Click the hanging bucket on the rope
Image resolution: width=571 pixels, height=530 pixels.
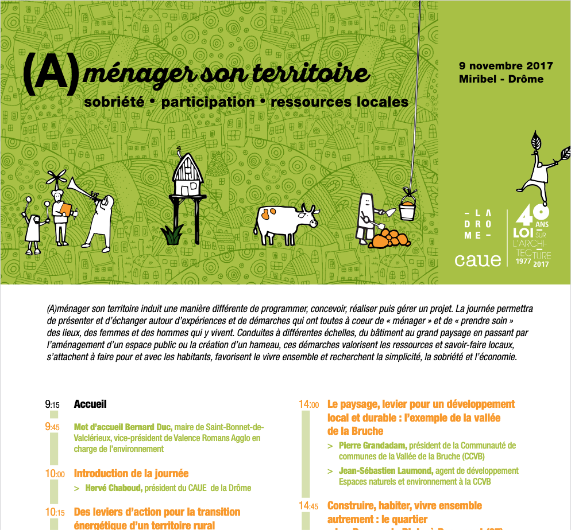coord(407,207)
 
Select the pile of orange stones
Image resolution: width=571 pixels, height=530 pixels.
coord(389,237)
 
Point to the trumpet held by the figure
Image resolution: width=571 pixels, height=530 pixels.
coord(83,189)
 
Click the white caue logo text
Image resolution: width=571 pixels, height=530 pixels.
coord(477,259)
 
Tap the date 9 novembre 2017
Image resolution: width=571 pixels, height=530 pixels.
coord(506,66)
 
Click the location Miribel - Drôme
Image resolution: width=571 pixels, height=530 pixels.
coord(501,79)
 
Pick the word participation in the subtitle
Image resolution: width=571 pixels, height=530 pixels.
coord(208,103)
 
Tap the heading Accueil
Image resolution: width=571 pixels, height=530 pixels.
coord(90,404)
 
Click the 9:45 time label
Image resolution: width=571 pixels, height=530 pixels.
coord(52,427)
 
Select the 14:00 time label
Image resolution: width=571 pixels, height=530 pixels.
coord(308,404)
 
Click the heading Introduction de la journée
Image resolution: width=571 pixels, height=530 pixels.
coord(131,474)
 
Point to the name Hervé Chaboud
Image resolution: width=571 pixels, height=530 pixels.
coord(113,488)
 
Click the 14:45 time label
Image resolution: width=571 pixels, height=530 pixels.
coord(308,506)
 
